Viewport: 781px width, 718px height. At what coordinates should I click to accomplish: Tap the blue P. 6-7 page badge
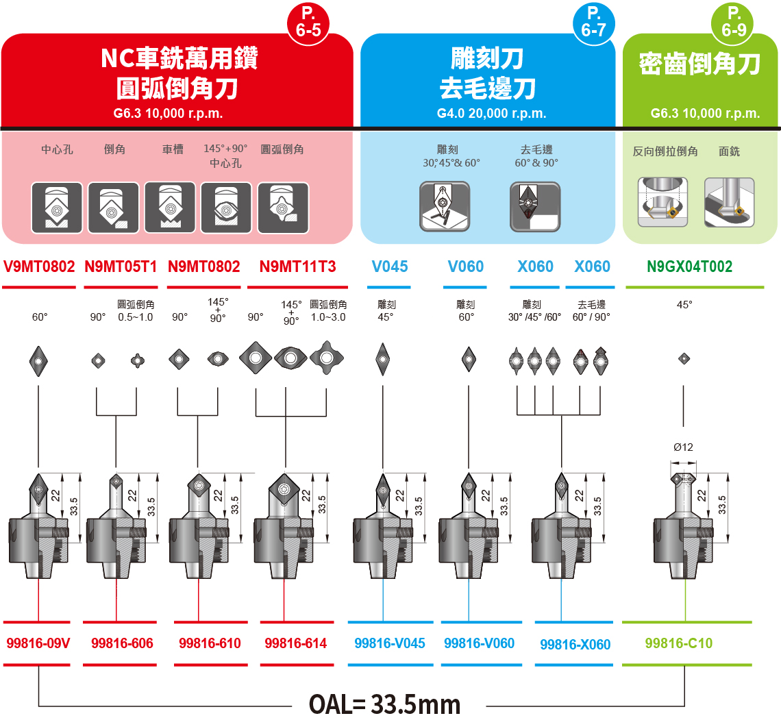(592, 23)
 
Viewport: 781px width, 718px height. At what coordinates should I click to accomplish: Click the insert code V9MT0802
(39, 267)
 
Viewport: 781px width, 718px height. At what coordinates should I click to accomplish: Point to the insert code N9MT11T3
(298, 267)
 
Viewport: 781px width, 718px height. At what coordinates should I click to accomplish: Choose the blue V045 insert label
(390, 267)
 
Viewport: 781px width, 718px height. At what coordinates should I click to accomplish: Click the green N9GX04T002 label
(689, 267)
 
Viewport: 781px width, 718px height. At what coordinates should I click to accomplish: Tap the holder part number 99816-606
(122, 643)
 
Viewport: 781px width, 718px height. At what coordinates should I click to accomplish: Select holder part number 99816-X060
(575, 644)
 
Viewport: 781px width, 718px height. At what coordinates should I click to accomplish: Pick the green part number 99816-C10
(678, 643)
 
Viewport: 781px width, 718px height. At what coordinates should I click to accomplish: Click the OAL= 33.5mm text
(385, 704)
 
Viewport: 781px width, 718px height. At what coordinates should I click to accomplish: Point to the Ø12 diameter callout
(683, 447)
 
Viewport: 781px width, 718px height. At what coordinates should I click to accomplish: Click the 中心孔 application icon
(57, 208)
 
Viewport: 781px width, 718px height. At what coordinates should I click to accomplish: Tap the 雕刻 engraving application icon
(445, 206)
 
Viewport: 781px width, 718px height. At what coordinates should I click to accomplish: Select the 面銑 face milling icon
(729, 203)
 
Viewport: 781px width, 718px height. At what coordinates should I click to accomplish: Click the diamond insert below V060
(469, 357)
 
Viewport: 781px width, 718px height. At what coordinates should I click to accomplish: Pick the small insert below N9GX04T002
(683, 358)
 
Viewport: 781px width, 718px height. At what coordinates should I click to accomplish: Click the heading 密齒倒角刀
(699, 64)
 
